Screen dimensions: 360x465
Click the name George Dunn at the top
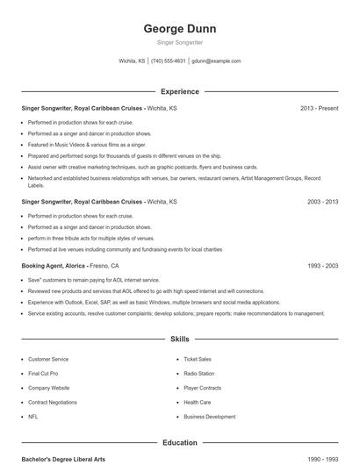point(180,28)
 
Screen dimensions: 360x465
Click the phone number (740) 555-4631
point(168,61)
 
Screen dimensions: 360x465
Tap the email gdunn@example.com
point(216,61)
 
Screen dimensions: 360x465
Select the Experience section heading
point(180,91)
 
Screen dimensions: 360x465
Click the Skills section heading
point(180,338)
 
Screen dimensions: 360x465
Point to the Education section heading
point(180,443)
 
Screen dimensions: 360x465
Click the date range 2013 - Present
point(319,108)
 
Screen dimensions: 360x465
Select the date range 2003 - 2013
point(322,201)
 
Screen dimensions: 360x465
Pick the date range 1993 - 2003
point(322,265)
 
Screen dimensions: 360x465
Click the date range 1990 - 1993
point(322,459)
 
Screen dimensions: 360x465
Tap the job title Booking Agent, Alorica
point(52,265)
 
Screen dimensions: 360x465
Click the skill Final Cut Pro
point(43,374)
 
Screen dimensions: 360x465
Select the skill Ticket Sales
point(198,360)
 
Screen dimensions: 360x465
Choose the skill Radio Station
point(199,374)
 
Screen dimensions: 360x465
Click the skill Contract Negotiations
point(53,403)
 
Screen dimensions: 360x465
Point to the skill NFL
point(33,417)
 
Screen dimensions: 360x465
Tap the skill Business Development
point(210,417)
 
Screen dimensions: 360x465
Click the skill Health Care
point(198,403)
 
